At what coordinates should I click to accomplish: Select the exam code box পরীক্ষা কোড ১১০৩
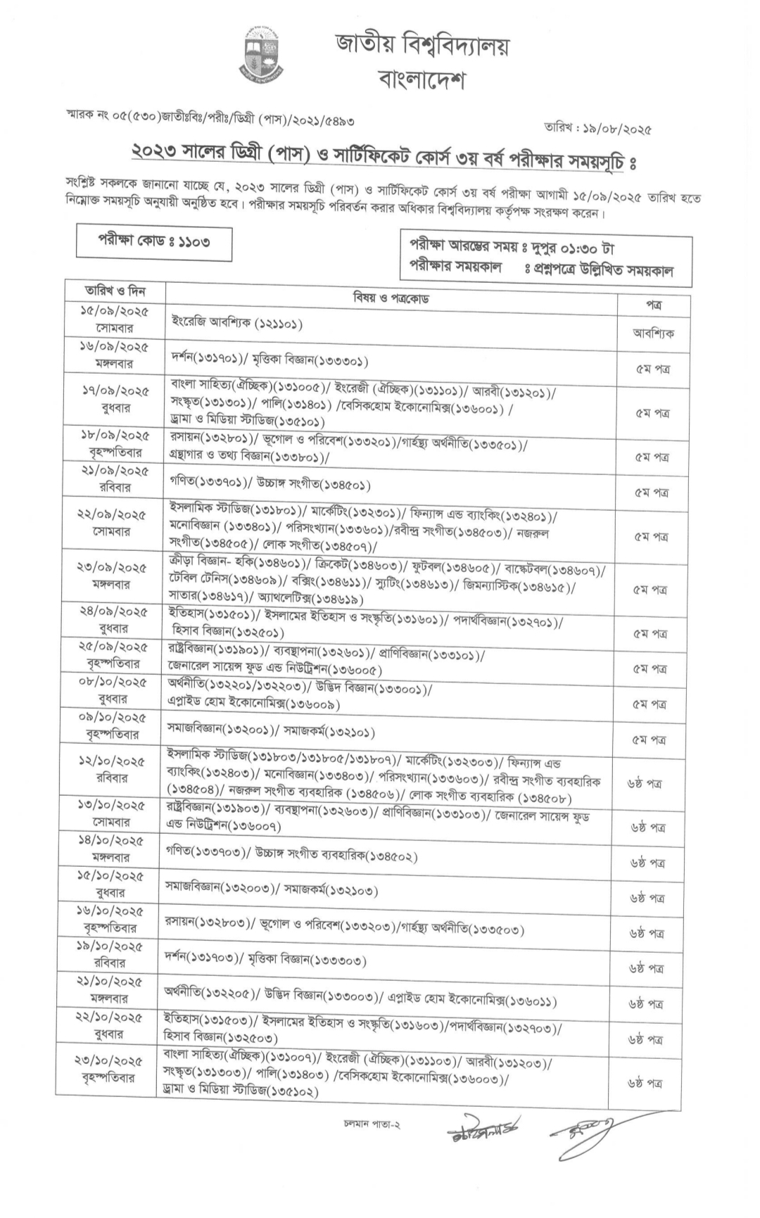[x=153, y=242]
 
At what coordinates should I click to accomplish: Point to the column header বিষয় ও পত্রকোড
[x=391, y=298]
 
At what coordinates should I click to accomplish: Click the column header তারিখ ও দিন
[x=115, y=291]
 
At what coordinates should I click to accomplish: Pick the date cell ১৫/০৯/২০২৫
[x=114, y=311]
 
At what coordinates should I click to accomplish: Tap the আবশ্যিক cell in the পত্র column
[x=653, y=334]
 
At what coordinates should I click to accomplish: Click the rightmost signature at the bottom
[x=583, y=1132]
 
